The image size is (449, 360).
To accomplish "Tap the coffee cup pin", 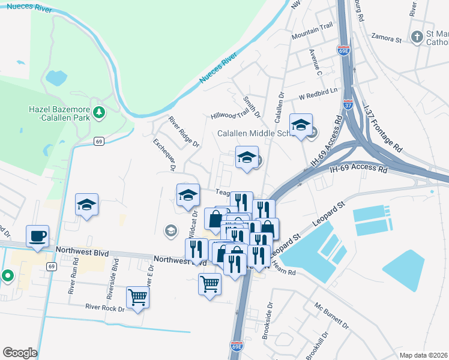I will click(x=37, y=236).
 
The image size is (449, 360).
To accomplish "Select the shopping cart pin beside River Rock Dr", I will click(x=137, y=296).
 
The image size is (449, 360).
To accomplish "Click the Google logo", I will click(x=20, y=353).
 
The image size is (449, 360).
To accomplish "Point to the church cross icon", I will click(x=417, y=37).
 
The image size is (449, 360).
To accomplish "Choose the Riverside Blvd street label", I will click(x=110, y=275).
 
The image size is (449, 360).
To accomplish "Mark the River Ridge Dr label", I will click(x=183, y=132).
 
